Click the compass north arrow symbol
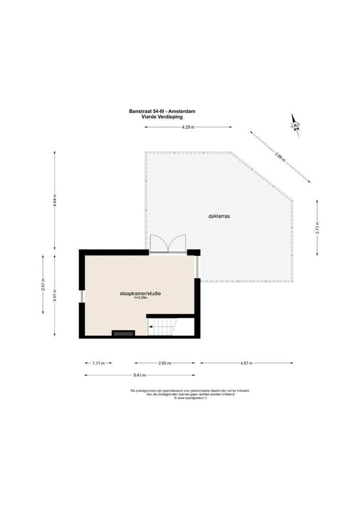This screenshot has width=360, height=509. point(295,125)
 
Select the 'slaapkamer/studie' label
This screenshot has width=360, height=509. point(140,293)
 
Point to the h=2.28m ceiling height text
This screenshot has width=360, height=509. point(140,298)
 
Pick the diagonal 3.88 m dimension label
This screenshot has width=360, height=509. point(280,156)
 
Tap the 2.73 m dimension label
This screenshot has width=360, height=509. point(317,227)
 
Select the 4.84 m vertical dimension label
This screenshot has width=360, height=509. point(55,200)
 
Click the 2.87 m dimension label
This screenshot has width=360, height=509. point(43,285)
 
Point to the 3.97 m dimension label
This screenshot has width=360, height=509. point(55,295)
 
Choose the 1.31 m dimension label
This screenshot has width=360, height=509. point(98,363)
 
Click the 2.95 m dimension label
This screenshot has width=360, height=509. point(164,363)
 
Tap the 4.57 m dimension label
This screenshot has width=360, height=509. point(246,363)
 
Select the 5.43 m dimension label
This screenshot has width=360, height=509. point(139,375)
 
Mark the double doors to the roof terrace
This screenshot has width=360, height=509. point(168,244)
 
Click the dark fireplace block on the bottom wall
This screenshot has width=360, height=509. point(123,333)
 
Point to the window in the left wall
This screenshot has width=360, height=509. point(82,296)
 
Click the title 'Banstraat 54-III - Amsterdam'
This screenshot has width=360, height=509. point(162,112)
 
